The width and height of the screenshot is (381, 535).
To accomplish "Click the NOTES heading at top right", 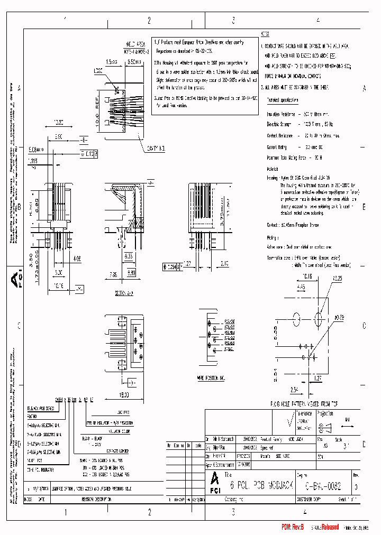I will coord(265,33).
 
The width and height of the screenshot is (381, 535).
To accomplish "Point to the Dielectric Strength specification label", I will coord(279,124).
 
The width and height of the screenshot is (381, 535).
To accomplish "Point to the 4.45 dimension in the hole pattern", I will coord(301,287).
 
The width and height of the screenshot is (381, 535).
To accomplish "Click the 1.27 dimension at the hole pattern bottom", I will coord(317,378).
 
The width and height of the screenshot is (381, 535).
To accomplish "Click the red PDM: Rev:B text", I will coord(292,528).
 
